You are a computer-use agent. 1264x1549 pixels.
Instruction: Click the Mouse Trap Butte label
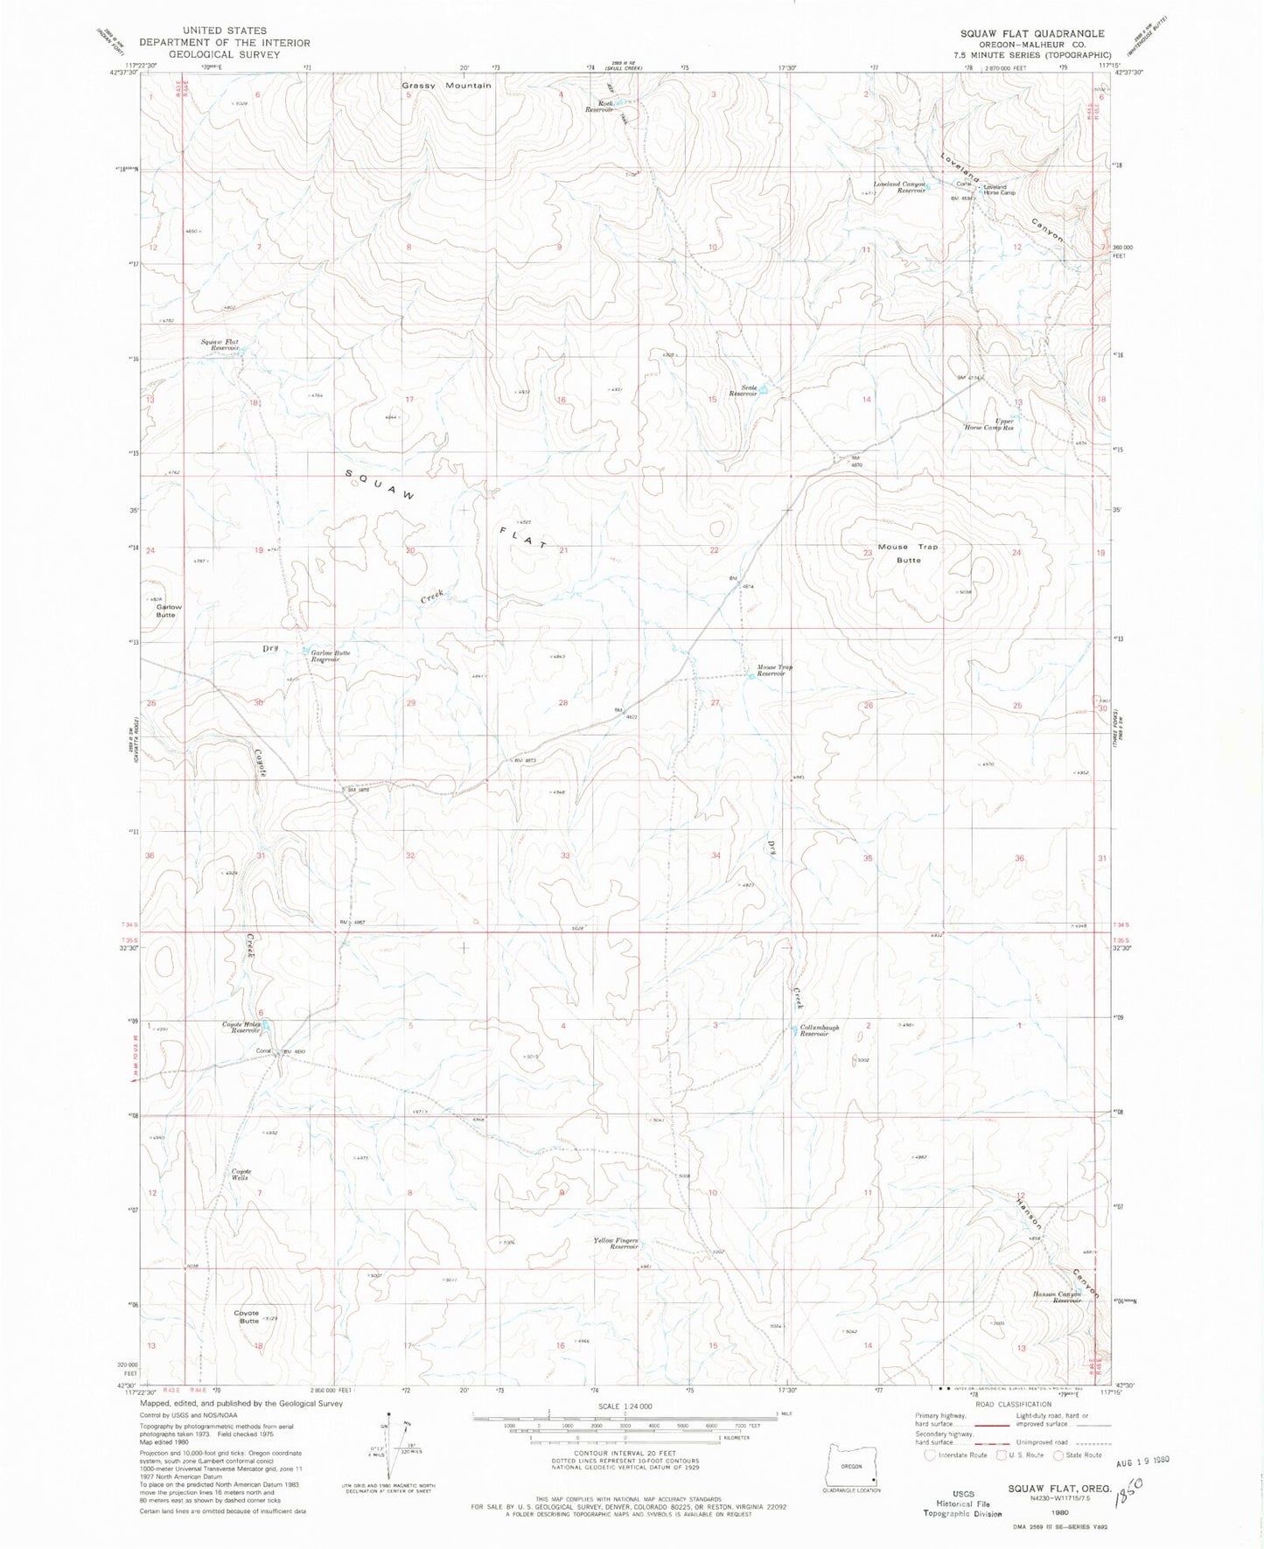click(907, 553)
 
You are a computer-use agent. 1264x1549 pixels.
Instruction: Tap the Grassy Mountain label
click(446, 86)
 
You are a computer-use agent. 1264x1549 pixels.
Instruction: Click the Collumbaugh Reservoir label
click(819, 1030)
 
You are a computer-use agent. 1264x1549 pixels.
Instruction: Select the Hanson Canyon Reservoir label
click(1058, 1297)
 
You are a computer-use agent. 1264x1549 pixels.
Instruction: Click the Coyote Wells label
click(240, 1175)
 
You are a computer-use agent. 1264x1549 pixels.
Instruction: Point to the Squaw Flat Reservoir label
click(220, 345)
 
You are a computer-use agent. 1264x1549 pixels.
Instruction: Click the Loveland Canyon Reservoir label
click(899, 186)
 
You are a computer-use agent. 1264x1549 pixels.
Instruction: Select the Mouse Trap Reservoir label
click(774, 671)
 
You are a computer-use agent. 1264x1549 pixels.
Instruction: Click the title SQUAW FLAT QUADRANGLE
click(1032, 33)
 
